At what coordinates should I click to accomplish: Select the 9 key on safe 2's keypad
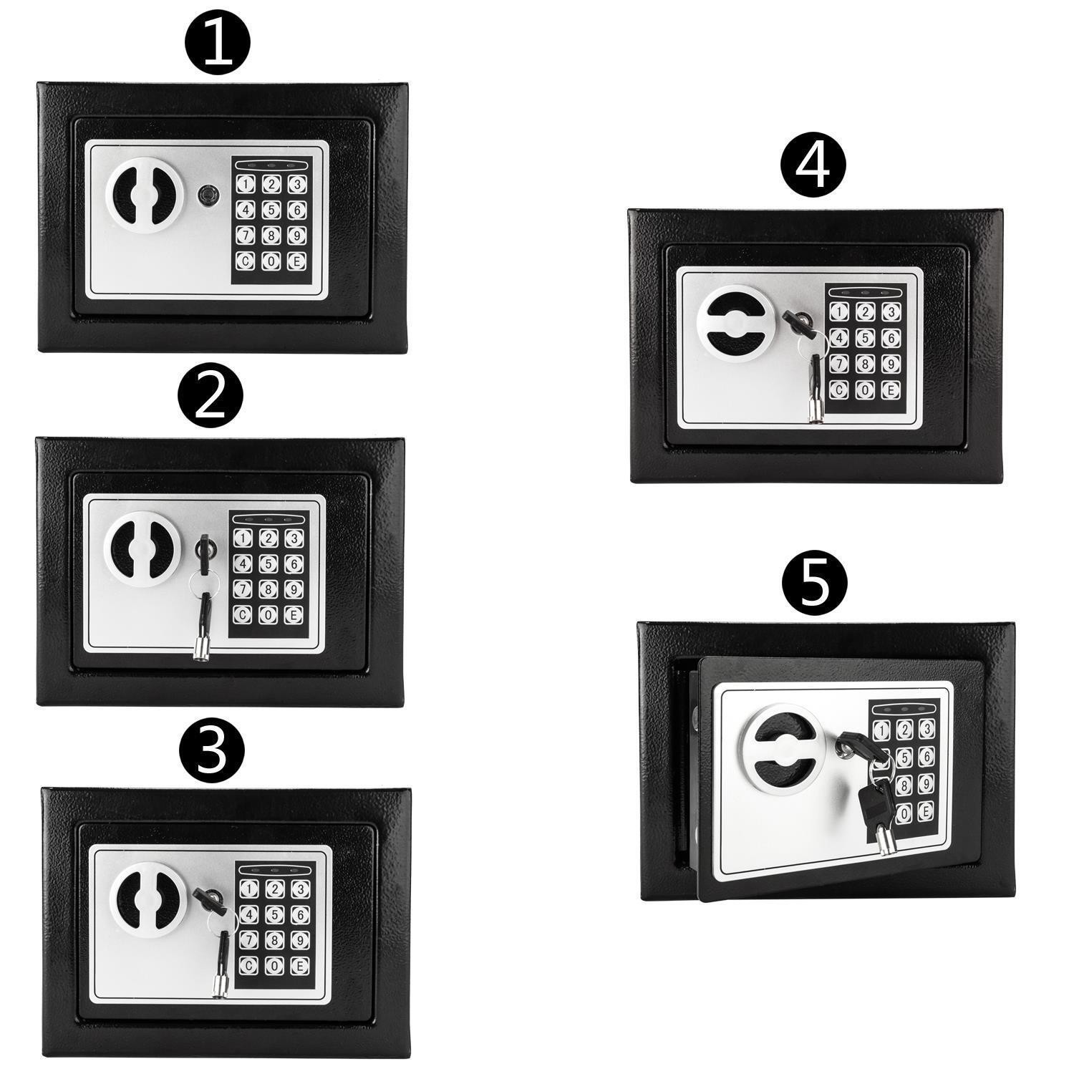pos(291,589)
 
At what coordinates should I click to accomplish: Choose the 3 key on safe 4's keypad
pos(890,312)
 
